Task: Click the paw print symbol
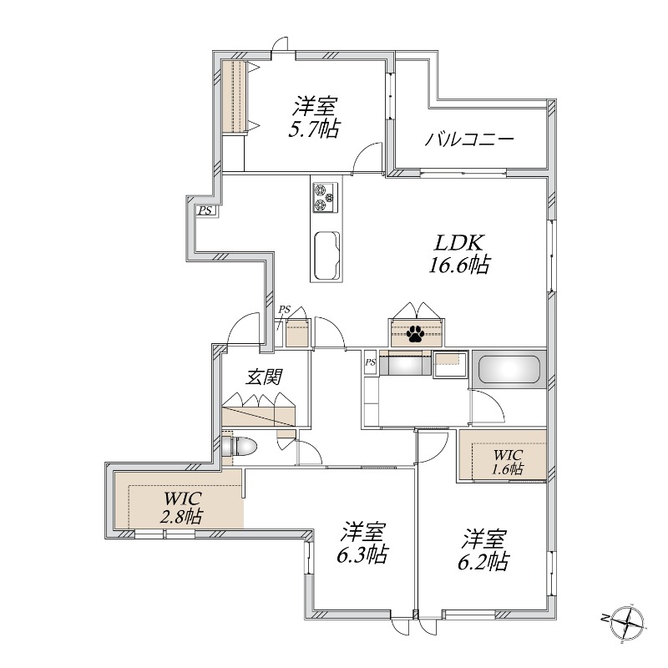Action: click(415, 333)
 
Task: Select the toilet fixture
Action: click(240, 447)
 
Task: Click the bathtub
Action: click(509, 369)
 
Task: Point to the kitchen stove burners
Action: click(326, 197)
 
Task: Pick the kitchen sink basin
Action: click(327, 256)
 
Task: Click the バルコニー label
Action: click(469, 139)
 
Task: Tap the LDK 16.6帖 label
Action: click(458, 254)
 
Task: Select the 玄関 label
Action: click(265, 377)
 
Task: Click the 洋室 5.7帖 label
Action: click(315, 117)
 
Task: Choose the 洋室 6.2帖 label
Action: click(483, 549)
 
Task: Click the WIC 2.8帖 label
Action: click(182, 507)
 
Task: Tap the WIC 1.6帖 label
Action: click(509, 462)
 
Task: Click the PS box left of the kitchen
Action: click(205, 210)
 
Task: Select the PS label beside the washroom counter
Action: click(371, 362)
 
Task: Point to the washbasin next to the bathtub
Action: click(450, 364)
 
